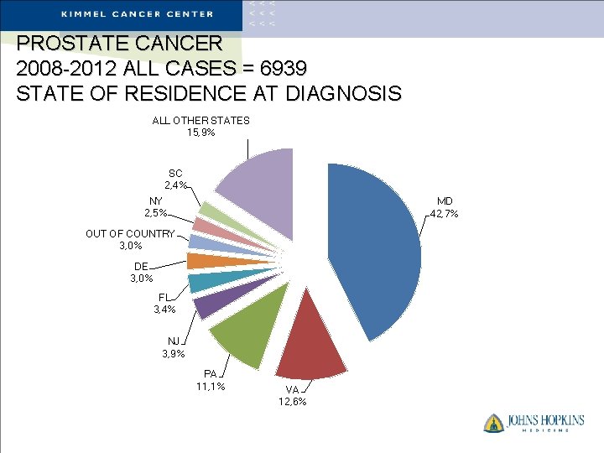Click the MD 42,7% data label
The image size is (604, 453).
point(444,207)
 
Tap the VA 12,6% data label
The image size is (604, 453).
point(292,395)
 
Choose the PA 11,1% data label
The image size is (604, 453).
point(210,380)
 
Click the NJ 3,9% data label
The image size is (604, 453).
point(173,347)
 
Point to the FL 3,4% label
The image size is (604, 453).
point(164,304)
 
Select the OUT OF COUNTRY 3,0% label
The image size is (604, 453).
point(130,240)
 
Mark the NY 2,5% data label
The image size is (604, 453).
point(155,206)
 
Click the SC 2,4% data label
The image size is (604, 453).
point(174,179)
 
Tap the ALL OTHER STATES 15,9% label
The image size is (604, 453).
point(200,126)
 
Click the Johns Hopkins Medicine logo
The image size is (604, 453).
point(533,422)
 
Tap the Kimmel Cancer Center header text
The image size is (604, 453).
point(138,13)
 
